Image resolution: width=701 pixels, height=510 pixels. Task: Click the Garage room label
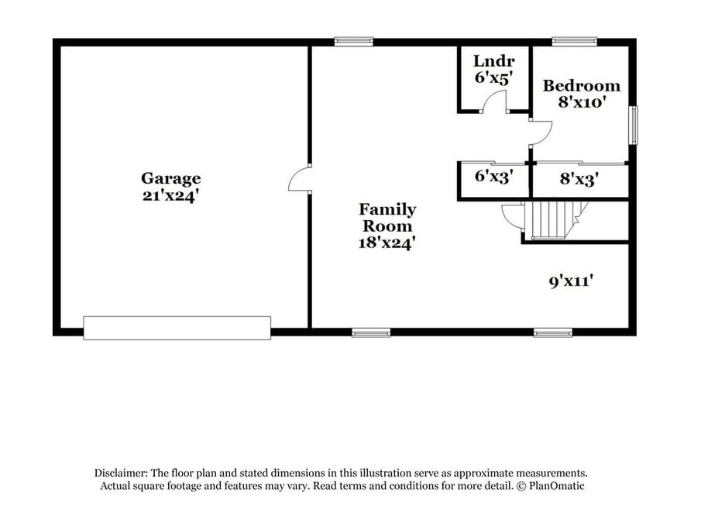pyautogui.click(x=170, y=178)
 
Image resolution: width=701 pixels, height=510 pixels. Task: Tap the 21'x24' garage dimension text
pyautogui.click(x=170, y=195)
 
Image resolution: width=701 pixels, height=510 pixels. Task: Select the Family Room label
pyautogui.click(x=387, y=218)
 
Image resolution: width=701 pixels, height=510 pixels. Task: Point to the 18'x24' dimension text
pyautogui.click(x=387, y=243)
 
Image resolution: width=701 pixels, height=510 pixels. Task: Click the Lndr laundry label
pyautogui.click(x=494, y=60)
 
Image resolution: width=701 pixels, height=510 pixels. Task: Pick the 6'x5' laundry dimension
pyautogui.click(x=493, y=78)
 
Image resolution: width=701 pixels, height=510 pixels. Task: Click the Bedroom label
pyautogui.click(x=582, y=85)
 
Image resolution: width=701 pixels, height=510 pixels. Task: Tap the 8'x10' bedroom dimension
pyautogui.click(x=582, y=102)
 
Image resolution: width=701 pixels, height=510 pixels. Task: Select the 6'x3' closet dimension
pyautogui.click(x=493, y=176)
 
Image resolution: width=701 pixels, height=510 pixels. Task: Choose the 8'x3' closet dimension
pyautogui.click(x=579, y=179)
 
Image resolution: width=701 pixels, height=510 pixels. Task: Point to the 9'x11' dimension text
pyautogui.click(x=572, y=281)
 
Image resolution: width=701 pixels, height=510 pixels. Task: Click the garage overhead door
pyautogui.click(x=177, y=328)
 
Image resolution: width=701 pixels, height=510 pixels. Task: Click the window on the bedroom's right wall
pyautogui.click(x=633, y=126)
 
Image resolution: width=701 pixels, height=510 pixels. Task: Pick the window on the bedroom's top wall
pyautogui.click(x=575, y=42)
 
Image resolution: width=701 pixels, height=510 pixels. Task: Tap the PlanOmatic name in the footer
pyautogui.click(x=557, y=486)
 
